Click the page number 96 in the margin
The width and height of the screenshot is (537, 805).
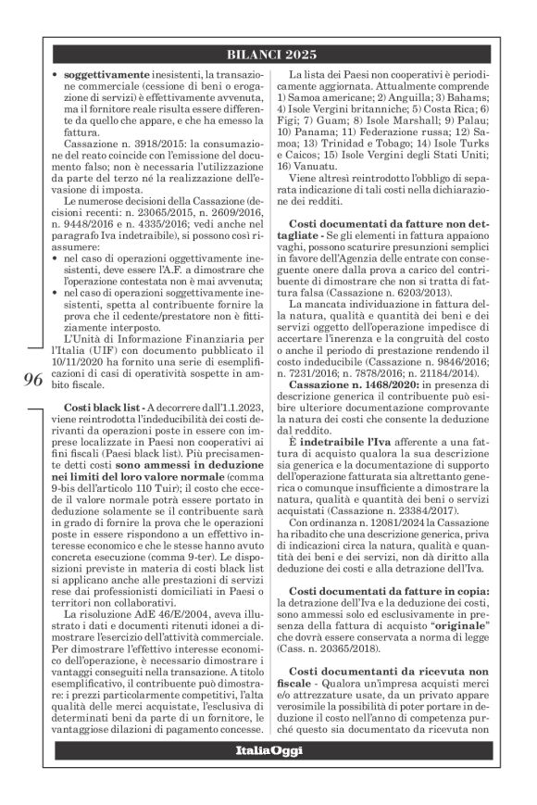pos(43,411)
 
